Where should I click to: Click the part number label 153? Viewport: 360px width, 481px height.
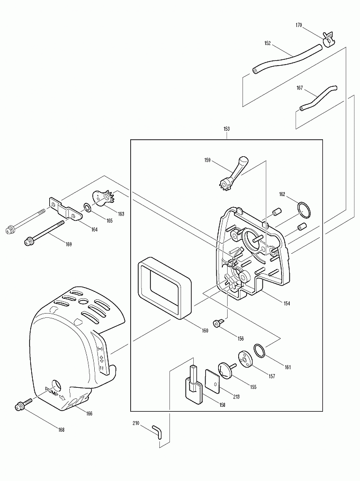point(227,129)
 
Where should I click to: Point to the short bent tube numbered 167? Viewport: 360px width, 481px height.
point(318,97)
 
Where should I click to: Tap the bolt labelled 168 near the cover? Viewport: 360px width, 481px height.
point(21,406)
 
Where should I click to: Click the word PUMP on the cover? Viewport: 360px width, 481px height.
point(55,393)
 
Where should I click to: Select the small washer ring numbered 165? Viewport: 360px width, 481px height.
point(87,207)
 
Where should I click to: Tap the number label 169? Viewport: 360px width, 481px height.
point(68,244)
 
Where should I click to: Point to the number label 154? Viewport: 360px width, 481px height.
point(286,304)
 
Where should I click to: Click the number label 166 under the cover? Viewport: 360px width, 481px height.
point(89,414)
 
